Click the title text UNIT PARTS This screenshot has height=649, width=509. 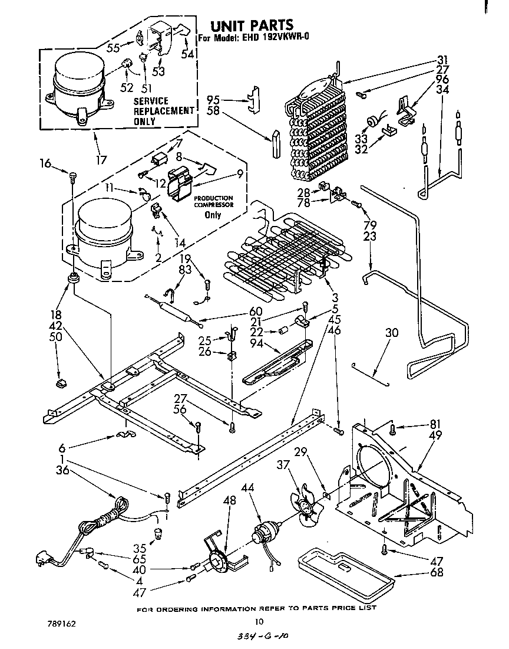click(x=252, y=25)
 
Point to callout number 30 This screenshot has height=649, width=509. click(x=391, y=333)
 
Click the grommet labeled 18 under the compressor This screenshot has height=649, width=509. click(x=74, y=277)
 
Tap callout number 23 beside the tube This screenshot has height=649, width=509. click(x=369, y=235)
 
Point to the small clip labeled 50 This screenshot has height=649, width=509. click(x=60, y=384)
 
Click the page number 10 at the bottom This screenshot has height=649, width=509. click(x=258, y=621)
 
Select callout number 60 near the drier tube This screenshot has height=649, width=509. click(x=256, y=311)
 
